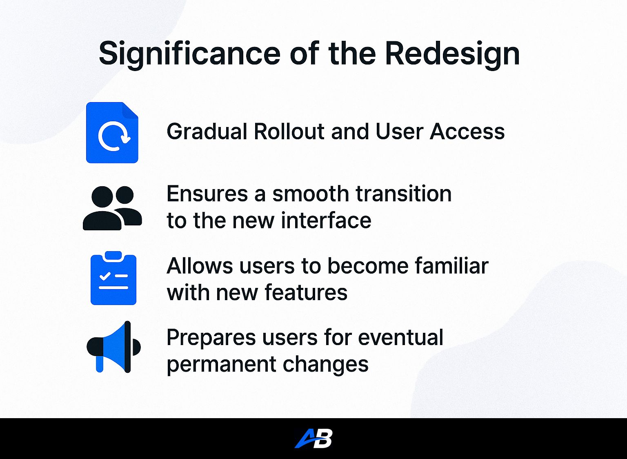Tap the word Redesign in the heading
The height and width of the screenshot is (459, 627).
[x=452, y=53]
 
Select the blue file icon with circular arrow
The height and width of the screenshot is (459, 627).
[x=112, y=133]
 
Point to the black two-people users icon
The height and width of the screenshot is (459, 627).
[x=112, y=208]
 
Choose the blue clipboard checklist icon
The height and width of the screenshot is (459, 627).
[x=113, y=279]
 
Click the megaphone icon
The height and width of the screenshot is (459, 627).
[x=114, y=347]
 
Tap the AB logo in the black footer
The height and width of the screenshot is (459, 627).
[x=313, y=439]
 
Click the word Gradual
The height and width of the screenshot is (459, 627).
[x=207, y=132]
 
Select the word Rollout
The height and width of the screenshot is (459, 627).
[x=289, y=132]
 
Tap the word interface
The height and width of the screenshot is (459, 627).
[x=326, y=221]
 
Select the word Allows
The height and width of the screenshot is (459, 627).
[x=200, y=266]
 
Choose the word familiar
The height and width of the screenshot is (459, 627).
[x=451, y=266]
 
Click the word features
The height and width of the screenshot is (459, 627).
[x=306, y=293]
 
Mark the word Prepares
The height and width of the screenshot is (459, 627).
[x=211, y=338]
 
